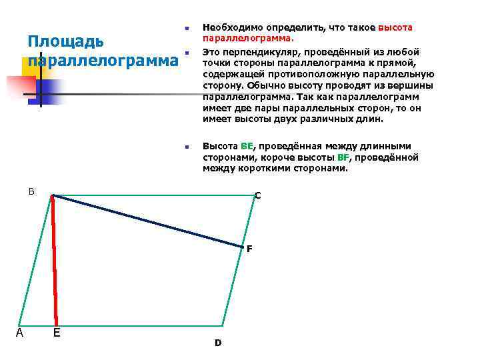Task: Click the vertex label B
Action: [31, 191]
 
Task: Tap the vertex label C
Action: [258, 195]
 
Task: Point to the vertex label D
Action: [217, 343]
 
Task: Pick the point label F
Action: [249, 249]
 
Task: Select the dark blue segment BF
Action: [147, 221]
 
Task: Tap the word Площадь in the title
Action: [65, 41]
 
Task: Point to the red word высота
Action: [395, 27]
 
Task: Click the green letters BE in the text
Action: [247, 146]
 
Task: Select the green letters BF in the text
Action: [343, 157]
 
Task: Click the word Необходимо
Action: [233, 27]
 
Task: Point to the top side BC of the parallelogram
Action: [153, 195]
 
